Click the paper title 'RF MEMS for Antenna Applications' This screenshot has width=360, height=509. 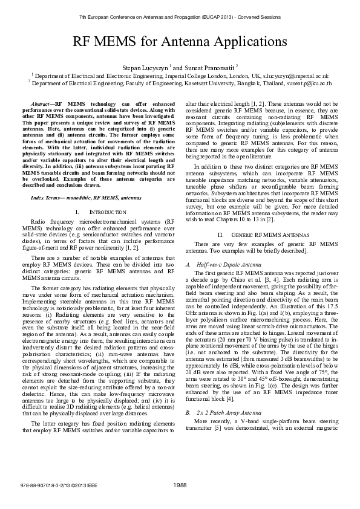pos(180,41)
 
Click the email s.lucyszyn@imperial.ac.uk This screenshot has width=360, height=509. pos(296,76)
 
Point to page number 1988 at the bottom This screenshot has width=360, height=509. pos(180,485)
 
